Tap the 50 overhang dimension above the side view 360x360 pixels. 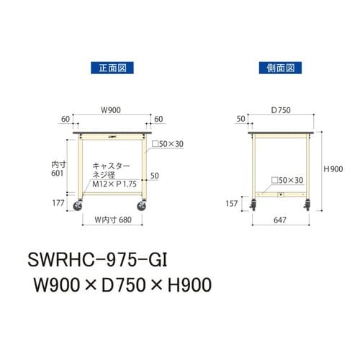click(x=240, y=117)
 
